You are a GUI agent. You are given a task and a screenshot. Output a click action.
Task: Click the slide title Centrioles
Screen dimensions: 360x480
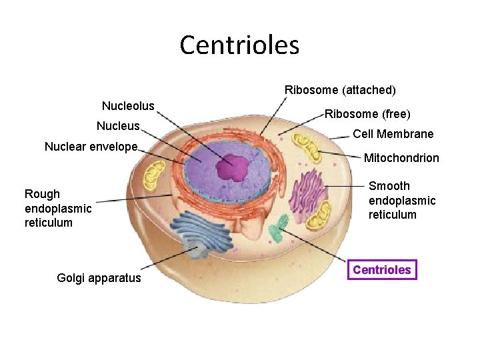pyautogui.click(x=239, y=45)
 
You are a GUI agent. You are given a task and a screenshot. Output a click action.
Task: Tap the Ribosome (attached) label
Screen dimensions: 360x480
pyautogui.click(x=340, y=89)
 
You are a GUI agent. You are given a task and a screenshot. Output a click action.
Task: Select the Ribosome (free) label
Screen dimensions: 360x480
pyautogui.click(x=367, y=114)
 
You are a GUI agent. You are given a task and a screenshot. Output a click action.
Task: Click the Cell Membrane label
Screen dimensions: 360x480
pyautogui.click(x=393, y=134)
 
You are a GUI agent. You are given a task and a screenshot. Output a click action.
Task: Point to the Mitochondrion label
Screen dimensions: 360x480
pyautogui.click(x=401, y=158)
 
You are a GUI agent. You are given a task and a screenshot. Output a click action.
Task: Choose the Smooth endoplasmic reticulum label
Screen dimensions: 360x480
pyautogui.click(x=401, y=200)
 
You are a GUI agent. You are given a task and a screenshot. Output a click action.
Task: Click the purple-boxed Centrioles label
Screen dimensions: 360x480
pyautogui.click(x=382, y=269)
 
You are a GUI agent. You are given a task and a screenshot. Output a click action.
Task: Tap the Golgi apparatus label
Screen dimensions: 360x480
pyautogui.click(x=99, y=278)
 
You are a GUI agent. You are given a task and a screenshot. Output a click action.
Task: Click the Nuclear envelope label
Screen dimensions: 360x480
pyautogui.click(x=91, y=147)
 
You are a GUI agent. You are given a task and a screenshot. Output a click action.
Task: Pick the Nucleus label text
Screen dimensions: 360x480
pyautogui.click(x=118, y=126)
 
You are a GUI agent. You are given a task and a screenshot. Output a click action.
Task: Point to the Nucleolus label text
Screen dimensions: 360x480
pyautogui.click(x=128, y=106)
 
